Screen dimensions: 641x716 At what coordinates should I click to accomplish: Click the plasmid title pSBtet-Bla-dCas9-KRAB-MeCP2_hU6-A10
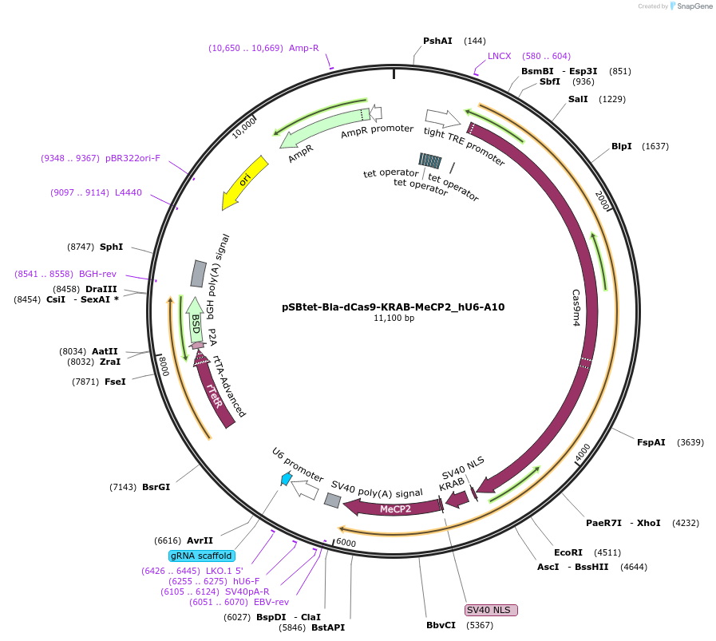[393, 307]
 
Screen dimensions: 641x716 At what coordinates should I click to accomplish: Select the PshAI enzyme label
[437, 41]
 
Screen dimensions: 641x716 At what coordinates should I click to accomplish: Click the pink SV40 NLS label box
[491, 610]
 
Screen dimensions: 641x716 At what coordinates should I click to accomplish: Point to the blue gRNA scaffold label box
[200, 556]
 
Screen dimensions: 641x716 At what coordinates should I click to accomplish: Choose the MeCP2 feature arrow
[394, 508]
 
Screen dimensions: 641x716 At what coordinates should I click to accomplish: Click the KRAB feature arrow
[457, 499]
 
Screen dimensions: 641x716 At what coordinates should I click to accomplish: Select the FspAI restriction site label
[651, 442]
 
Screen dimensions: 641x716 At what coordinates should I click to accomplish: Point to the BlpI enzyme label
[622, 146]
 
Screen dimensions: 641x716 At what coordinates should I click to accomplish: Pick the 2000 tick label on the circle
[603, 200]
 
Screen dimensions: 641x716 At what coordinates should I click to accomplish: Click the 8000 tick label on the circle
[164, 366]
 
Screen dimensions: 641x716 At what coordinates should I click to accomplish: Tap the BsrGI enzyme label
[156, 486]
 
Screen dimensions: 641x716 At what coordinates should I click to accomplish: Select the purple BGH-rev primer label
[97, 274]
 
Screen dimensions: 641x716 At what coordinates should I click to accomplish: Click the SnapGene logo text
[691, 6]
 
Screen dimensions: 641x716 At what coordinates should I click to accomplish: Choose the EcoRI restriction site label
[568, 552]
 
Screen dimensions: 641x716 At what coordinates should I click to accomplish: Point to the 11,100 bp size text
[394, 319]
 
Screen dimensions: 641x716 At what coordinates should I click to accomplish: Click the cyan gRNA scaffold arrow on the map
[285, 478]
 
